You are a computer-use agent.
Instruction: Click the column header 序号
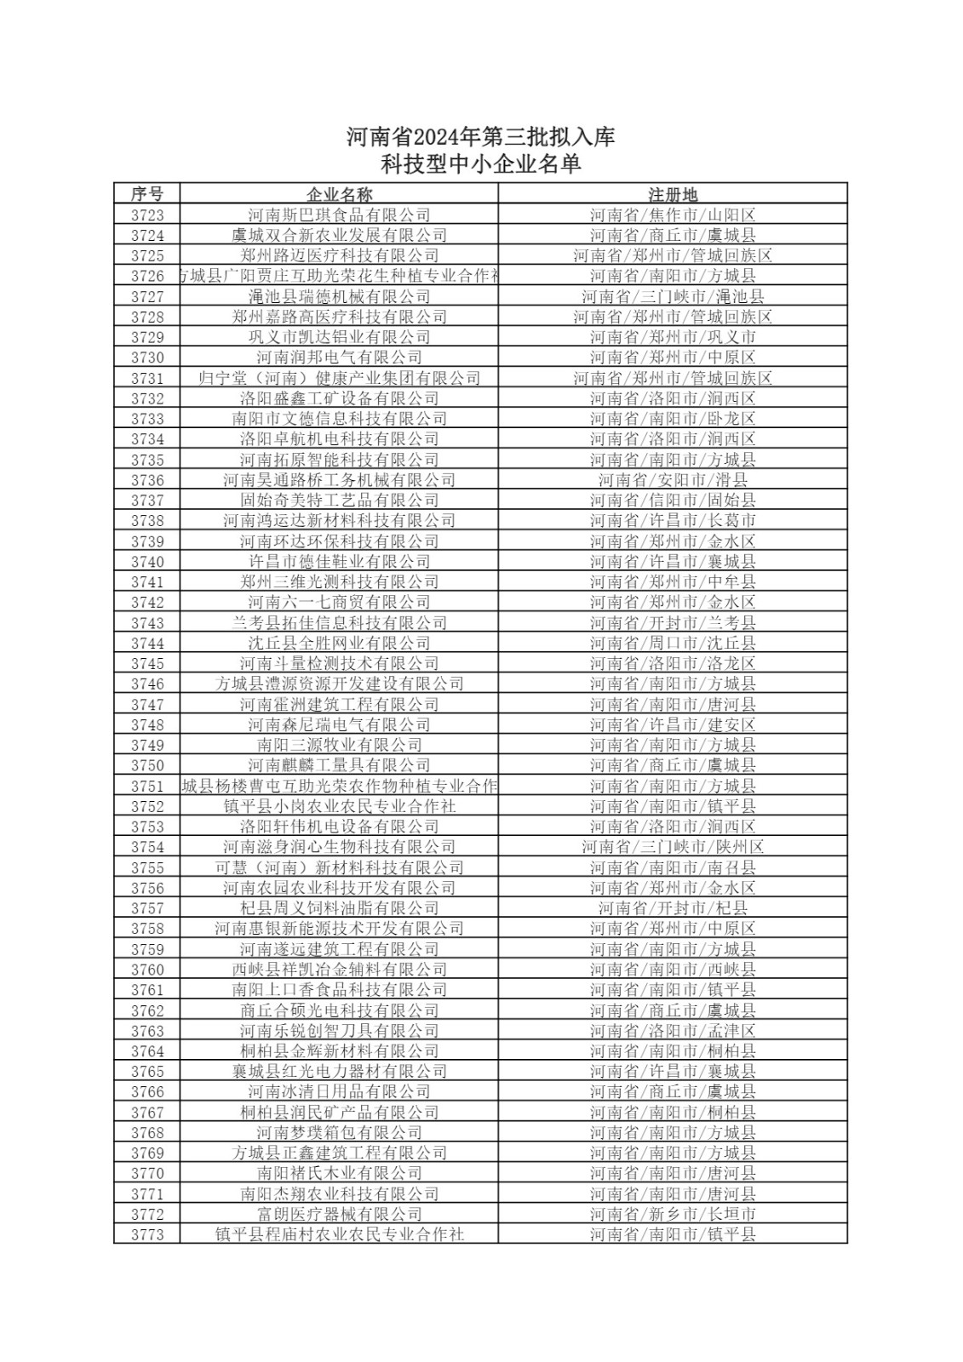tap(147, 194)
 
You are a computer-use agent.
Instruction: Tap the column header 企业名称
tap(339, 194)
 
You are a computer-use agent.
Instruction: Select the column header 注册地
tap(673, 194)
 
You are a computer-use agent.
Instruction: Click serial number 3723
tap(147, 215)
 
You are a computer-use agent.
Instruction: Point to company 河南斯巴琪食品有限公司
tap(339, 215)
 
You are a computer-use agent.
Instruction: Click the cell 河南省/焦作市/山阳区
tap(673, 215)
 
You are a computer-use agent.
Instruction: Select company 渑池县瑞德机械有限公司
tap(339, 296)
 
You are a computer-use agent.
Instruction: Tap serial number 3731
tap(147, 378)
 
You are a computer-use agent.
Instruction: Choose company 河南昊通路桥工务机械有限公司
tap(339, 480)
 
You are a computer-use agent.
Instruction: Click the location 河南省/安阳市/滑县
tap(673, 480)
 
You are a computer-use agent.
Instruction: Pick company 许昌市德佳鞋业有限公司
tap(339, 562)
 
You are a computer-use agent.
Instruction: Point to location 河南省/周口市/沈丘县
tap(673, 643)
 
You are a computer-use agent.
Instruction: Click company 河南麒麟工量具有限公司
tap(339, 765)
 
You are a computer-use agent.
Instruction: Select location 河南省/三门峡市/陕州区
tap(673, 847)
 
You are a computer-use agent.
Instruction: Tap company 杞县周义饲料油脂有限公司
tap(339, 908)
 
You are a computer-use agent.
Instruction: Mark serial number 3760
tap(147, 970)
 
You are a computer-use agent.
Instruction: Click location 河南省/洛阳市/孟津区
tap(673, 1031)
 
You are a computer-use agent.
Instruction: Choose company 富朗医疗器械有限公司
tap(339, 1214)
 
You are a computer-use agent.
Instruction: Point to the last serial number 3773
tap(147, 1234)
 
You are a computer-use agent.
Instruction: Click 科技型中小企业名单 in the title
tap(481, 163)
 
